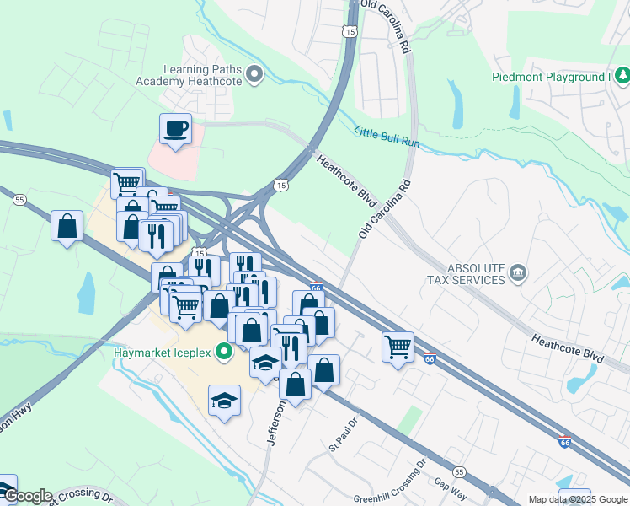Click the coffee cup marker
point(175,129)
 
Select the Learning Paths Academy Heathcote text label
point(189,75)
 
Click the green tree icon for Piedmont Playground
point(622,77)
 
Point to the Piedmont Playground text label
point(550,78)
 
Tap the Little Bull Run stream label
point(387,137)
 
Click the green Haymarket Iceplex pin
point(224,352)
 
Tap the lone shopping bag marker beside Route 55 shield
point(67,227)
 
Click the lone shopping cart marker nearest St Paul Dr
point(398,347)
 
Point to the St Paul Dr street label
point(344,430)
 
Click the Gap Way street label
point(451,487)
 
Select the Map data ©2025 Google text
point(578,499)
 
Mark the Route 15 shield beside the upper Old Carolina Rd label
point(349,30)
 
